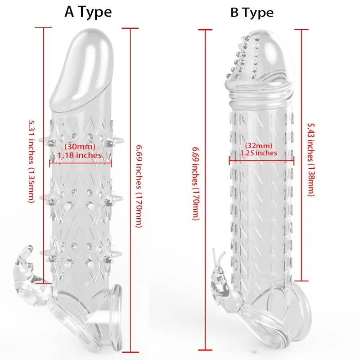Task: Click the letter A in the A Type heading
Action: tap(70, 12)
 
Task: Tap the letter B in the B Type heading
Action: tap(235, 13)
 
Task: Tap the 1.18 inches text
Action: tap(80, 155)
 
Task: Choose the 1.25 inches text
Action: tap(259, 153)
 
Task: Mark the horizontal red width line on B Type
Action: tap(261, 158)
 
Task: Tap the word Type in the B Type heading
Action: tap(258, 13)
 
